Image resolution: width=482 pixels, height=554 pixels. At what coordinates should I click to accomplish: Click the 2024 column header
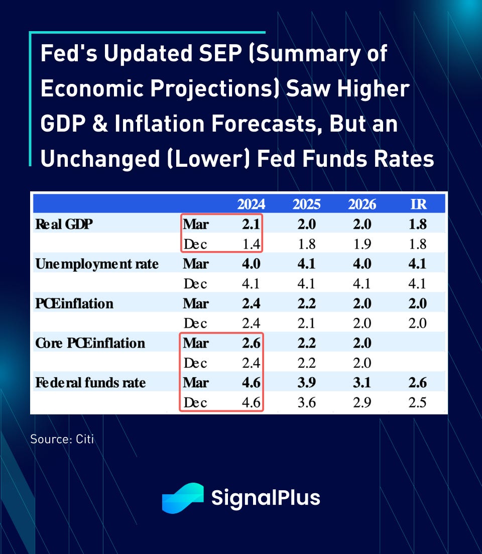pyautogui.click(x=251, y=204)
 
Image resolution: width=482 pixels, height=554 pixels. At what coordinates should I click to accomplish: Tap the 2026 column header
pyautogui.click(x=362, y=204)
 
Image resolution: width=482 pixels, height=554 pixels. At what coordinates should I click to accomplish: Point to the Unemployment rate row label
pyautogui.click(x=96, y=264)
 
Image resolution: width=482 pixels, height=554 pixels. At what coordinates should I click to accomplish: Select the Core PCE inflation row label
pyautogui.click(x=90, y=343)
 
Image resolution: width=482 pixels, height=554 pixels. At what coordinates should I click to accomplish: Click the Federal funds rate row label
pyautogui.click(x=90, y=383)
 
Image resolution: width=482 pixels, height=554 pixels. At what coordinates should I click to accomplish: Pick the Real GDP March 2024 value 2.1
pyautogui.click(x=251, y=224)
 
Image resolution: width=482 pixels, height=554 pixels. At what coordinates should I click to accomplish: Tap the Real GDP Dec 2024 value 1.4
pyautogui.click(x=251, y=244)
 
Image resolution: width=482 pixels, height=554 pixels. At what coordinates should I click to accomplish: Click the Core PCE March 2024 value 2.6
pyautogui.click(x=251, y=343)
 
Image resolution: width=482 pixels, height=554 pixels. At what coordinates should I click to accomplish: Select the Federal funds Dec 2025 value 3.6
pyautogui.click(x=306, y=403)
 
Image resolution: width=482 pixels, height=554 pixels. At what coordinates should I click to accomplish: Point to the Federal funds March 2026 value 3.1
pyautogui.click(x=362, y=383)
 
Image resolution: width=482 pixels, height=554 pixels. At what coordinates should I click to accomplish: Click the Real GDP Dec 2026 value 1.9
pyautogui.click(x=362, y=244)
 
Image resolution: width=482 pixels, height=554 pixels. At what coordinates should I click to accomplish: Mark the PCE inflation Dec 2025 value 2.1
pyautogui.click(x=306, y=323)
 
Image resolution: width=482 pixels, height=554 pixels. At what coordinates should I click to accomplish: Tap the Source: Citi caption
pyautogui.click(x=62, y=439)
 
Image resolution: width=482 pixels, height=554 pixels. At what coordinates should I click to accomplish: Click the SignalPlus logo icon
pyautogui.click(x=182, y=498)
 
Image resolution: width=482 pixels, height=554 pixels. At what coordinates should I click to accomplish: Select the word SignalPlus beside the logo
pyautogui.click(x=266, y=498)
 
